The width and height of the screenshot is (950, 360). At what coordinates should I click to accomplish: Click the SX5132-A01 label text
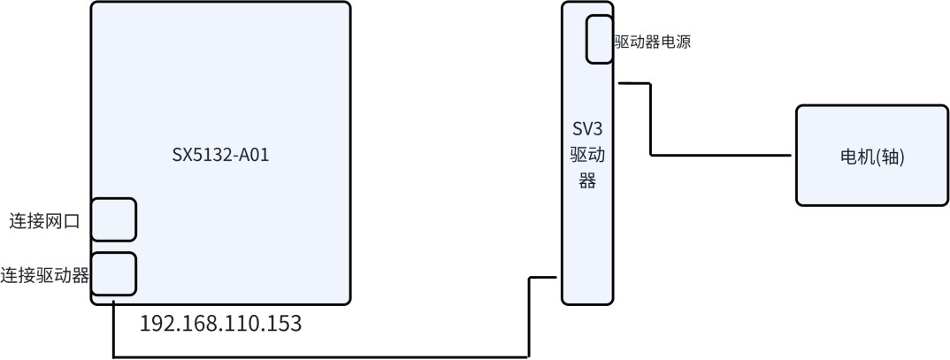coord(220,156)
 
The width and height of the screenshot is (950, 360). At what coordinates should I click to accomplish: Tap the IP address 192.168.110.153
coord(220,324)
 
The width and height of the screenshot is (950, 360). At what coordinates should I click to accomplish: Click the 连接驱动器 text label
coord(45,275)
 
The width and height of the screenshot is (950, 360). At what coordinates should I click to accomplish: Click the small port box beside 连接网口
coord(113,219)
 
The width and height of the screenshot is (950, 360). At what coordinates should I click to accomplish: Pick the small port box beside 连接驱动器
coord(113,274)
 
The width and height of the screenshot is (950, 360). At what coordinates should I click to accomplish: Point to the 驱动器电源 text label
coord(653,42)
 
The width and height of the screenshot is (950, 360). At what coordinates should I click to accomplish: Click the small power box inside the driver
coord(599,39)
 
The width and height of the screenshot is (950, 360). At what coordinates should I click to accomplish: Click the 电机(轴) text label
coord(872,157)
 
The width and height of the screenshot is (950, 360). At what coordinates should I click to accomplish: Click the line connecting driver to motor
coord(651,119)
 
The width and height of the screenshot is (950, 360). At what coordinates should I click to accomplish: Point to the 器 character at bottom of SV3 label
coord(587,183)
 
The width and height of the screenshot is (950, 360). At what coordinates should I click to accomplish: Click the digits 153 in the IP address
coord(283,324)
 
